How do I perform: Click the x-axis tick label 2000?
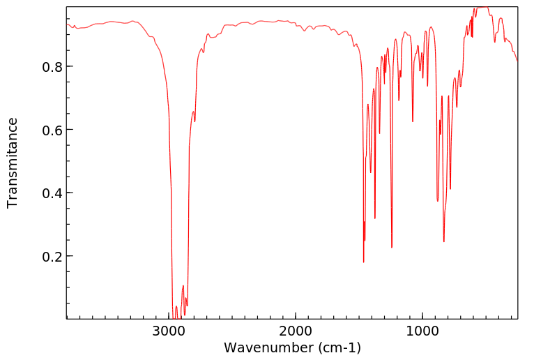click(296, 331)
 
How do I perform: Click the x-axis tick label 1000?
click(422, 331)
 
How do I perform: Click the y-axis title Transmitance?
click(13, 163)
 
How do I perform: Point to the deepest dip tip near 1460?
click(364, 262)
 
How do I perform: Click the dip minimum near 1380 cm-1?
click(375, 218)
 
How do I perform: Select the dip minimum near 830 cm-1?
click(443, 241)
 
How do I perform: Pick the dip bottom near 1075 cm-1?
click(413, 121)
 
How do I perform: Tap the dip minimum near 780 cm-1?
click(450, 188)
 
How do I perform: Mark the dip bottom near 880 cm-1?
click(438, 201)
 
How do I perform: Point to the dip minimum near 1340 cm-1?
click(379, 133)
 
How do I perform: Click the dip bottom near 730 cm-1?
click(457, 107)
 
